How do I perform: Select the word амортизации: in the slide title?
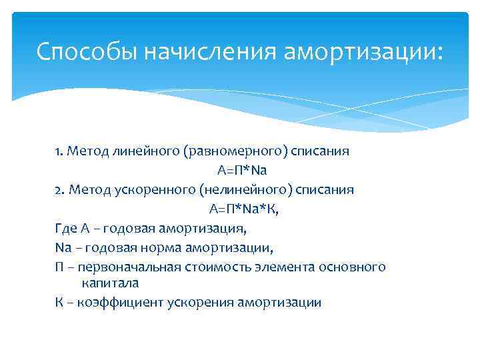pos(363,52)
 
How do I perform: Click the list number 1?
pos(59,151)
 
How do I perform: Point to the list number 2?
pos(59,190)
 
